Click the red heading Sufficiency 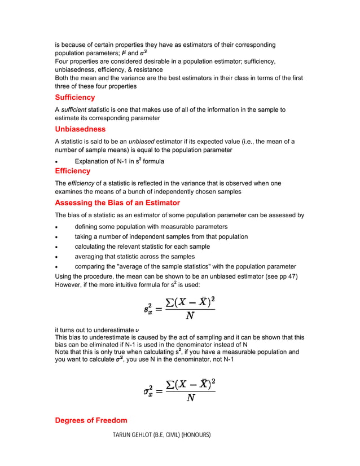pyautogui.click(x=74, y=98)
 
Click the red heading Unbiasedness pyautogui.click(x=80, y=129)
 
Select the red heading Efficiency pyautogui.click(x=72, y=171)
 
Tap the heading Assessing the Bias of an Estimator pyautogui.click(x=117, y=203)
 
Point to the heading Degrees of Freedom pyautogui.click(x=91, y=420)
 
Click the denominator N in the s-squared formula pyautogui.click(x=190, y=315)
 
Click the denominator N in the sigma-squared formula pyautogui.click(x=191, y=397)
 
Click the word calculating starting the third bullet pyautogui.click(x=92, y=247)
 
